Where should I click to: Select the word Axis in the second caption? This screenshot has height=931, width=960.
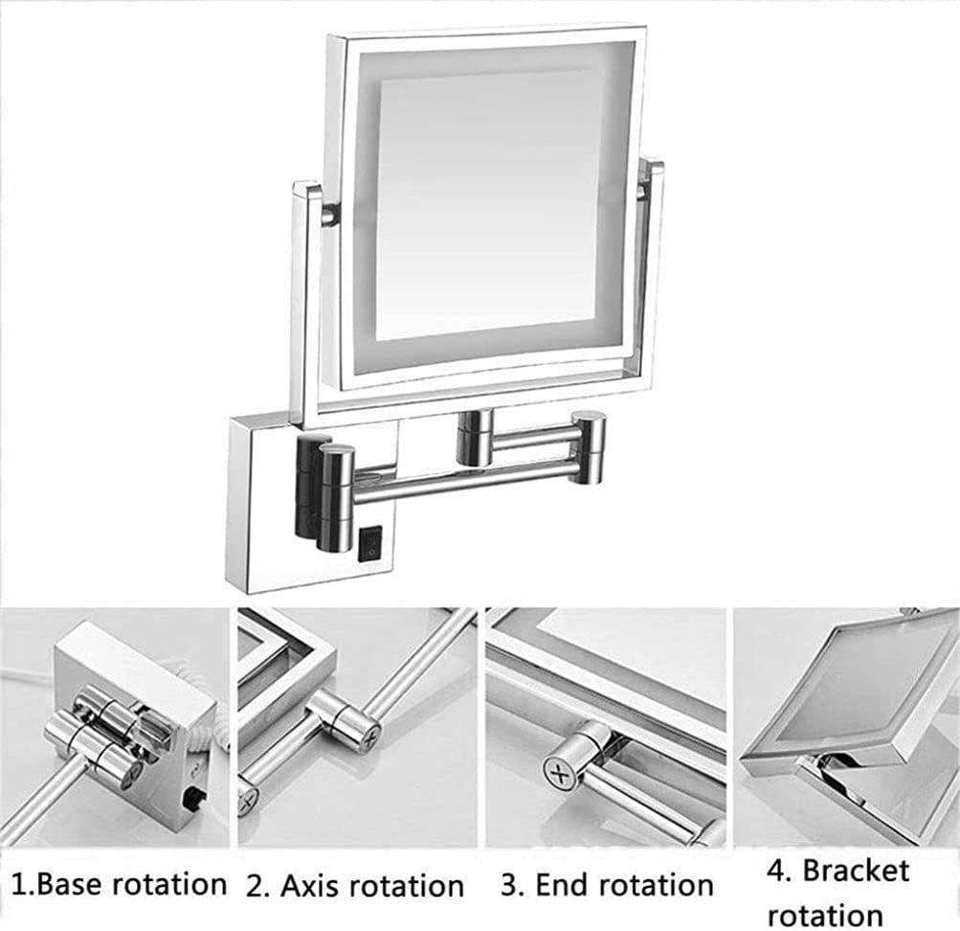pos(315,886)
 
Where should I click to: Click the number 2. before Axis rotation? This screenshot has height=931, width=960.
pos(257,886)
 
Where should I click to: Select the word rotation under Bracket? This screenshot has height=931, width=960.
pos(825,915)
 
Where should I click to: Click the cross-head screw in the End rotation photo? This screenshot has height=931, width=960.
pos(560,771)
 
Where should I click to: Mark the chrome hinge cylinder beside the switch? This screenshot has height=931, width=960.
pos(336,496)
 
